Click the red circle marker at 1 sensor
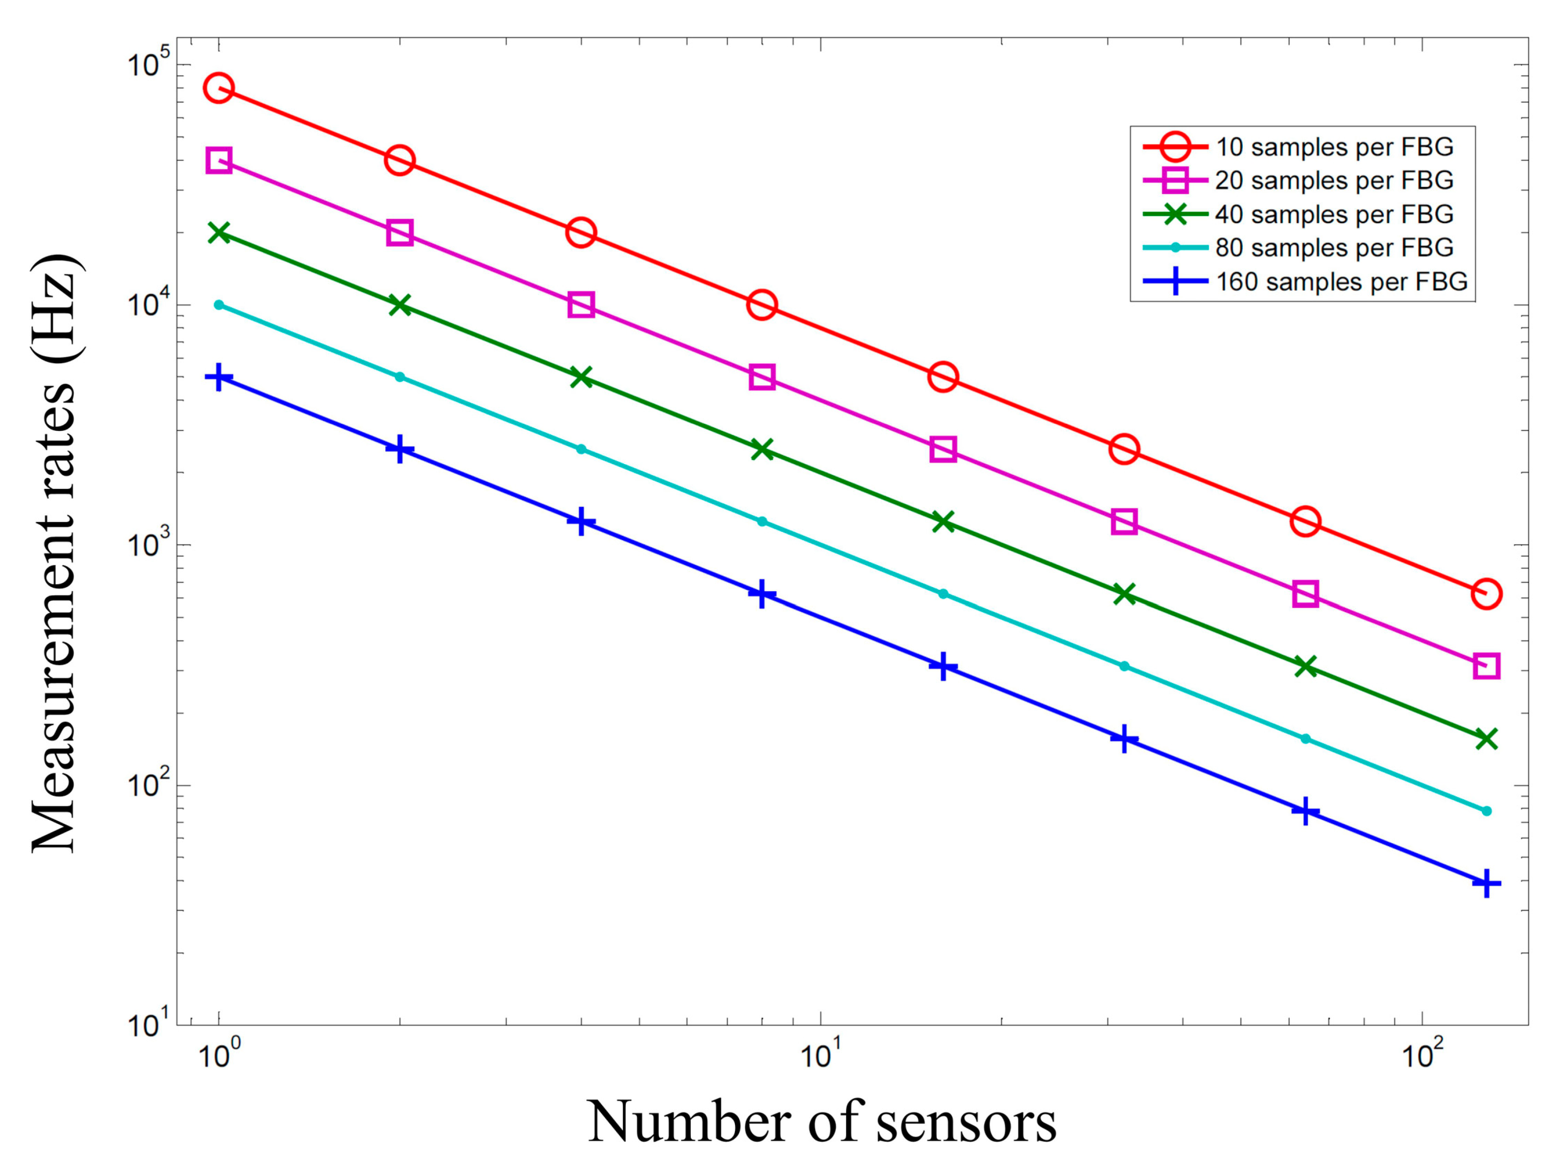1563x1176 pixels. (x=219, y=88)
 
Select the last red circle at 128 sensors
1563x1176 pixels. (x=1486, y=594)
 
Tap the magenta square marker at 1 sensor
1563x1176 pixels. (x=219, y=160)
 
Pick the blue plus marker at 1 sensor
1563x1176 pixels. (x=219, y=377)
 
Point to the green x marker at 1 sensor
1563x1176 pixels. (x=219, y=233)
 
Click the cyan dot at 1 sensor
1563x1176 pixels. (x=219, y=305)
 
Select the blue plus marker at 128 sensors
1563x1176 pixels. (x=1486, y=883)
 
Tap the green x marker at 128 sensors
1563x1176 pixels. (x=1486, y=739)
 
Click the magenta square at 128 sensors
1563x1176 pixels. (x=1486, y=666)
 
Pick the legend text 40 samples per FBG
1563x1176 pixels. (x=1334, y=214)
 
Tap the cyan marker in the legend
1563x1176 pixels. (x=1175, y=248)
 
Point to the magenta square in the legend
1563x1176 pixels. (x=1175, y=181)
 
